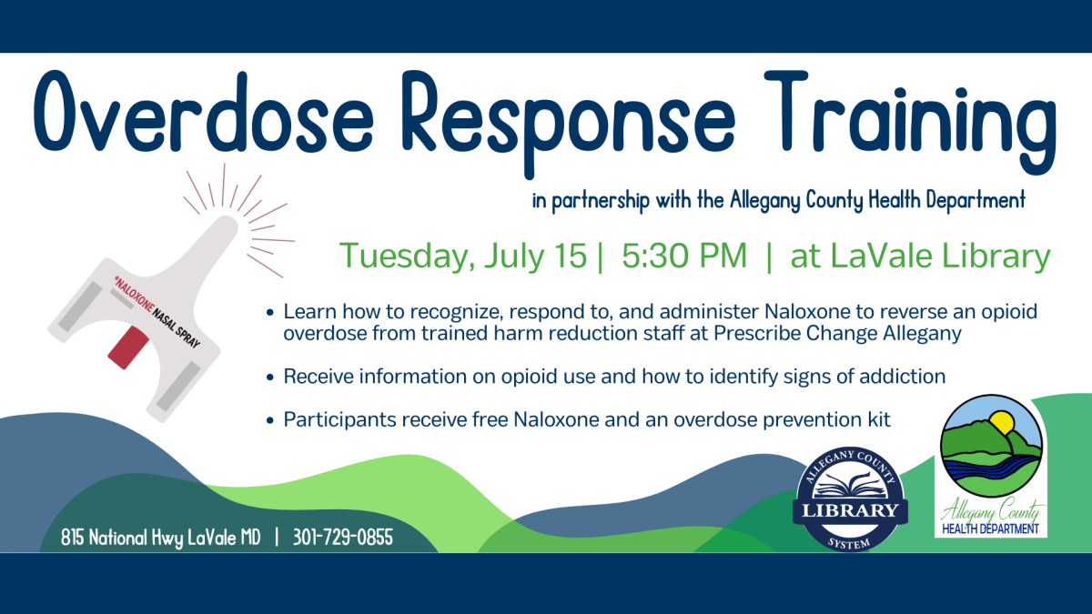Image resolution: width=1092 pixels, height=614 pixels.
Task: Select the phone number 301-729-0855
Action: pyautogui.click(x=343, y=538)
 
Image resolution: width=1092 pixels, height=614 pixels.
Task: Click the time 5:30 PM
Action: pyautogui.click(x=684, y=257)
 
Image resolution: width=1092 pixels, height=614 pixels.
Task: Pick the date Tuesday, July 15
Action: pyautogui.click(x=462, y=257)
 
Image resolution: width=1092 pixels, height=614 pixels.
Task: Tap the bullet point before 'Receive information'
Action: pyautogui.click(x=270, y=377)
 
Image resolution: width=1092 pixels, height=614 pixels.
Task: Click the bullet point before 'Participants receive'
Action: pyautogui.click(x=270, y=420)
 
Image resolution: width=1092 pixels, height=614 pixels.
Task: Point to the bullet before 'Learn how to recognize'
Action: pyautogui.click(x=270, y=312)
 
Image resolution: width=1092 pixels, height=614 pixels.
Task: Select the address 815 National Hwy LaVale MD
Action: pyautogui.click(x=161, y=538)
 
